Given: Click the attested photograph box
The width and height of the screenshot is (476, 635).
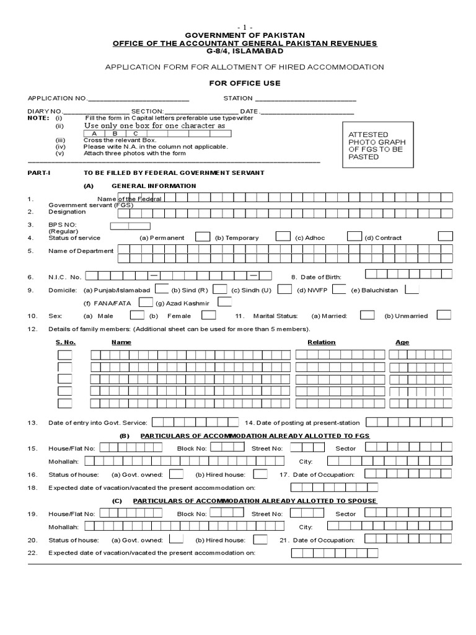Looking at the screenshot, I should click(379, 146).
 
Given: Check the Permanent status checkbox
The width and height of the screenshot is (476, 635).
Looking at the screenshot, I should click(202, 237).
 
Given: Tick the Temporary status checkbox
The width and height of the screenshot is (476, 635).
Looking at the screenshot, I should click(283, 237).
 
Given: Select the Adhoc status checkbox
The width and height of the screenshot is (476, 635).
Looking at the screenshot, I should click(354, 237).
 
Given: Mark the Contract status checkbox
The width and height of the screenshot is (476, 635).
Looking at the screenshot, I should click(445, 237).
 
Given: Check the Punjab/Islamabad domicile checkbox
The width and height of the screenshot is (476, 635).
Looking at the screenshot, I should click(161, 289).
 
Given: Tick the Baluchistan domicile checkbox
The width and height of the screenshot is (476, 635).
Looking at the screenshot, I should click(412, 289).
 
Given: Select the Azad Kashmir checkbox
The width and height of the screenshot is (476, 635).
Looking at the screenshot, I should click(225, 302).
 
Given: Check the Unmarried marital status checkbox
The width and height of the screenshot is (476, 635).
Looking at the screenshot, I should click(444, 315).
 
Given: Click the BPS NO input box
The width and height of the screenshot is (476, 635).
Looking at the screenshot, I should click(130, 226).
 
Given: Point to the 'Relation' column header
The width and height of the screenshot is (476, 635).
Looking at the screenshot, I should click(321, 342).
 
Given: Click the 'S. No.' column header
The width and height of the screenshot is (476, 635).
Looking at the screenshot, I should click(65, 342).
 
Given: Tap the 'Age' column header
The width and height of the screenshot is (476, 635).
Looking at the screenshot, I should click(402, 342).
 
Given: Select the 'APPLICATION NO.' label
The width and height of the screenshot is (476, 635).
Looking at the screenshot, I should click(57, 98).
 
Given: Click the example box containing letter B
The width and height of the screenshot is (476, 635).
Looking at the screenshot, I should click(115, 133).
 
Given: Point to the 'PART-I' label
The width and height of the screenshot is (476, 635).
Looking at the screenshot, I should click(37, 172).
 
